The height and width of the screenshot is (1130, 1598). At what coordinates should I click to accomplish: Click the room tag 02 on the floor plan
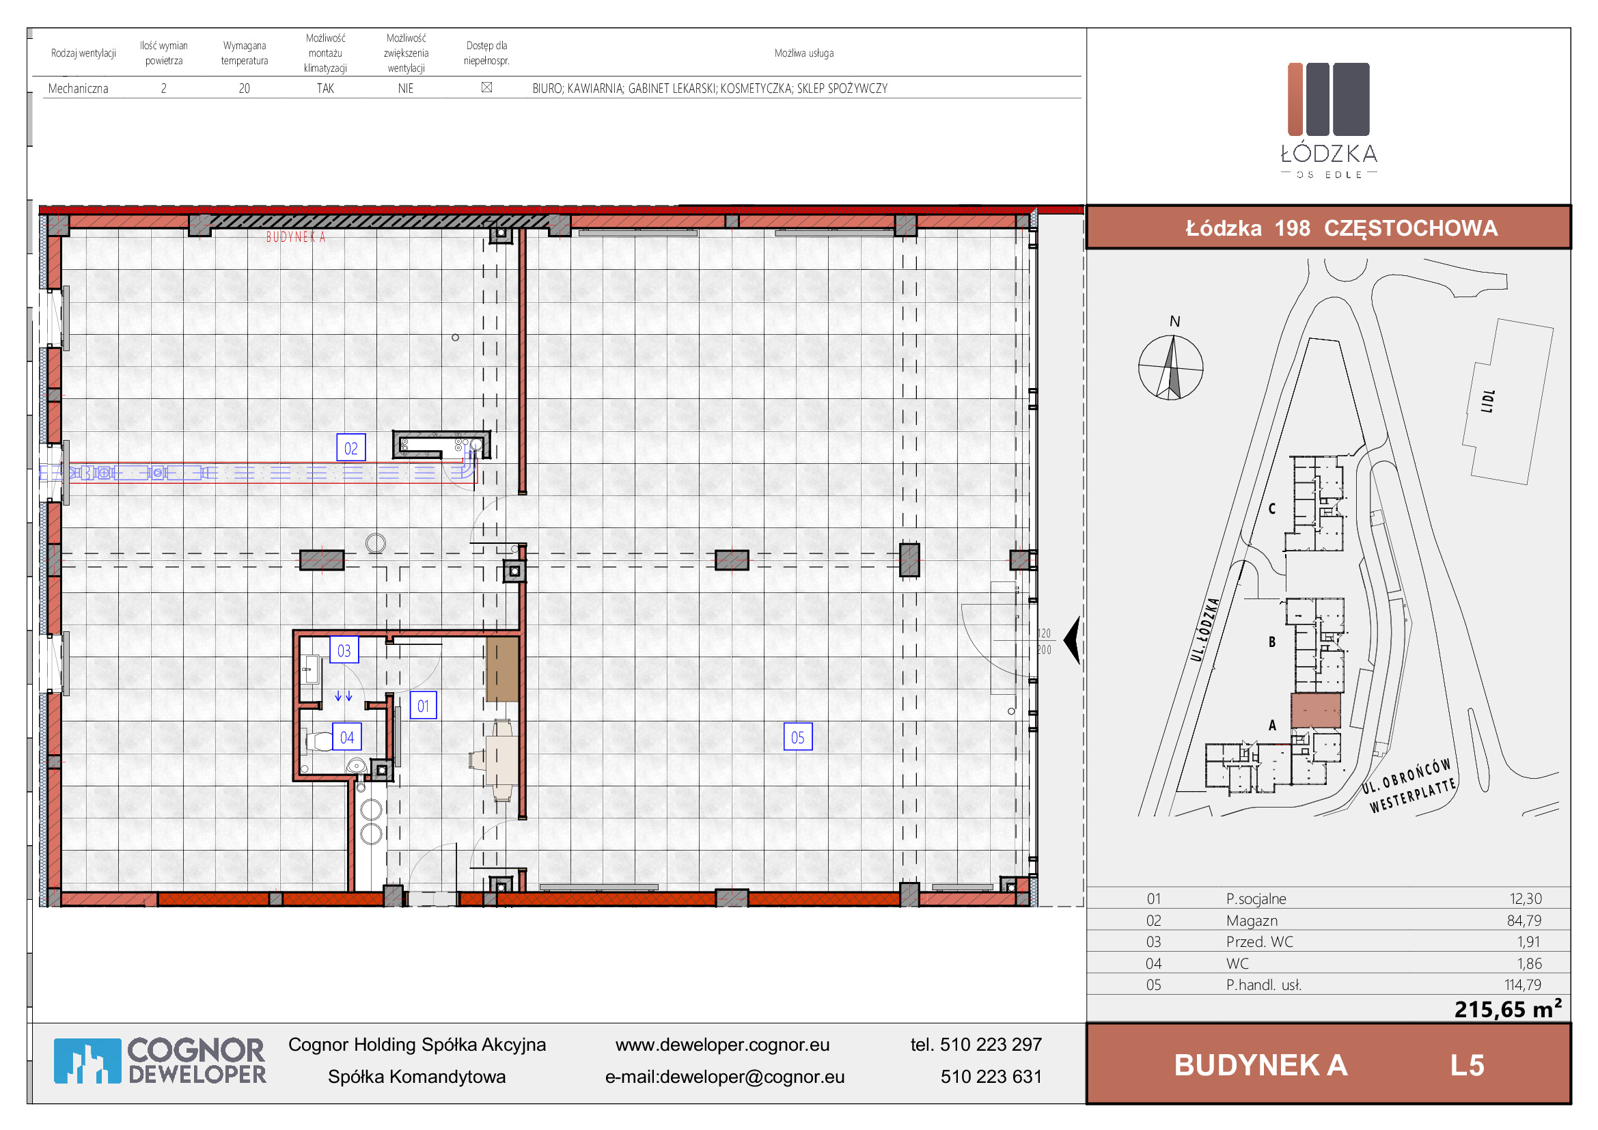click(350, 448)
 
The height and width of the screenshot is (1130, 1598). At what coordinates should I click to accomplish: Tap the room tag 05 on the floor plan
click(797, 737)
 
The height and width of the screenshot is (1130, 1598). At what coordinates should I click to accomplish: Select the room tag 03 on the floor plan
click(344, 650)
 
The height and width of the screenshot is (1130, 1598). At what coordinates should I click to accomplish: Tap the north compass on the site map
click(1171, 367)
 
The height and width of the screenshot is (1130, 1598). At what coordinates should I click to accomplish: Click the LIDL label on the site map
click(1488, 401)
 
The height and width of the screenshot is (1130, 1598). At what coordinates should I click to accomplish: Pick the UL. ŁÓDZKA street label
click(1204, 630)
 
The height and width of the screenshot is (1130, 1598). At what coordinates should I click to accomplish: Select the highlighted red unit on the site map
click(1316, 711)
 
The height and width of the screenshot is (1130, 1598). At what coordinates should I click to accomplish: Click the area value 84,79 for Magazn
click(1524, 920)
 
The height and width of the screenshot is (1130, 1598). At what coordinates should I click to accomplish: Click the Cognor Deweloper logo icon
click(87, 1061)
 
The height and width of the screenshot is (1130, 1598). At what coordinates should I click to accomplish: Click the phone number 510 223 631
click(991, 1077)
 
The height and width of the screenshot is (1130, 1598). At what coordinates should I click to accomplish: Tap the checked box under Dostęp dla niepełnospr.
click(487, 87)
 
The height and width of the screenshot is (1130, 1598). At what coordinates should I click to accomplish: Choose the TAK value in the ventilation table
click(325, 88)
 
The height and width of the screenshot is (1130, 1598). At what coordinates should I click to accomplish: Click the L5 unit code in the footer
click(1467, 1065)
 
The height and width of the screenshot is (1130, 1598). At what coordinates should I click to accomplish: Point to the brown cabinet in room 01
click(502, 670)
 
